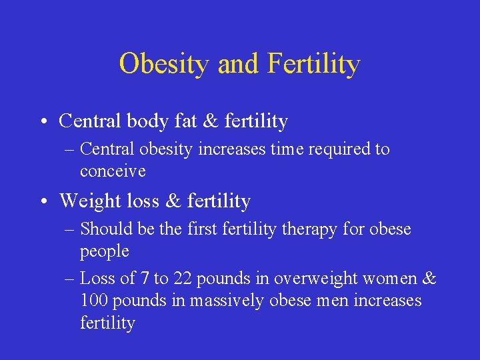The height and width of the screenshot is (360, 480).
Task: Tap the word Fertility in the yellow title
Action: coord(313,64)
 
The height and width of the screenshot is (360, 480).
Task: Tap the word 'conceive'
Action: coord(113,171)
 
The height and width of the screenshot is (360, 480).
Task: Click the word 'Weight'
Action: coord(89,201)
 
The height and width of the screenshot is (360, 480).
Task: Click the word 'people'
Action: coord(105,251)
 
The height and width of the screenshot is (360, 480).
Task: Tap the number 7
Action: coord(144,278)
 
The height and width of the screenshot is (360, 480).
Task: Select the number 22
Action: coord(183,278)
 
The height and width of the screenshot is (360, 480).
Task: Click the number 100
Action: coord(95,301)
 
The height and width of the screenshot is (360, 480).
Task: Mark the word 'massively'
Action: coord(228,301)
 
